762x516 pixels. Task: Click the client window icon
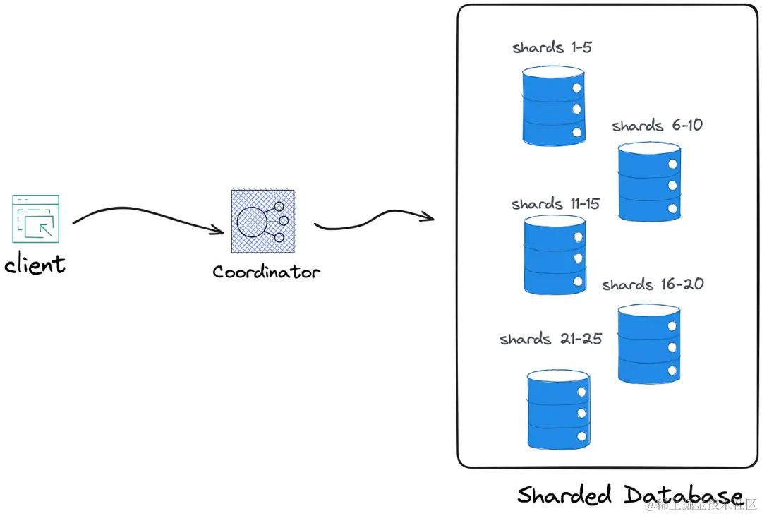pos(36,219)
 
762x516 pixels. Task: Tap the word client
pos(35,264)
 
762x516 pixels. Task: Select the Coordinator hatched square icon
pos(262,221)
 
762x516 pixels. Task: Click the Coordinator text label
pos(266,271)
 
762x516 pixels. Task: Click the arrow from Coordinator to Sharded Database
pos(374,220)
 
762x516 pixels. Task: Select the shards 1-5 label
pos(552,47)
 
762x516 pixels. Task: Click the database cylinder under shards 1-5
pos(554,106)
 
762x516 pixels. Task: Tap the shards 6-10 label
pos(657,126)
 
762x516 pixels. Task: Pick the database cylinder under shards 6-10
pos(649,182)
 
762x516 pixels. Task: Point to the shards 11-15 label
pos(555,203)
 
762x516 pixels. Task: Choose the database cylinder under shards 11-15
pos(555,256)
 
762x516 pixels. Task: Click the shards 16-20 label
pos(653,284)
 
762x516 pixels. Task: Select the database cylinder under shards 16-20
pos(649,344)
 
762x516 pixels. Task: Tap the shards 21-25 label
pos(550,339)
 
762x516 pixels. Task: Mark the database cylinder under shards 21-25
pos(559,409)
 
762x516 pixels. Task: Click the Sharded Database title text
pos(630,495)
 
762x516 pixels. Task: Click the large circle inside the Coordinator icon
pos(251,222)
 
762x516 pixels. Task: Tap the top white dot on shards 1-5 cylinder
pos(577,88)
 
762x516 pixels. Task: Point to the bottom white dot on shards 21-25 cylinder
pos(581,436)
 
